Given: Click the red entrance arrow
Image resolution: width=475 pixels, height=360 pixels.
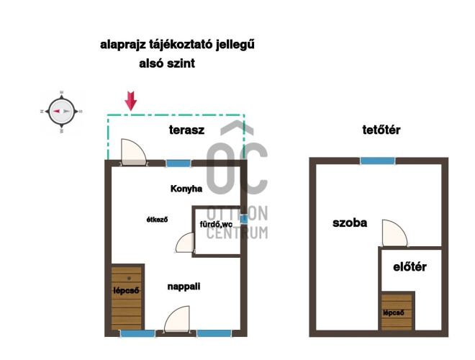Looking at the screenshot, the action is (x=131, y=101).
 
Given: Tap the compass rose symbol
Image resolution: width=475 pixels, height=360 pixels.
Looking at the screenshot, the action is (x=61, y=112).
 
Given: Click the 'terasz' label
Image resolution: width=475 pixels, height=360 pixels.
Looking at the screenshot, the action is (x=186, y=130).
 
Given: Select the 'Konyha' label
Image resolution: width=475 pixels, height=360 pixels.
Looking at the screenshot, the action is (x=186, y=189).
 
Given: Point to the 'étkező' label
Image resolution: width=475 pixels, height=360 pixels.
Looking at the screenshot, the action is (x=157, y=220).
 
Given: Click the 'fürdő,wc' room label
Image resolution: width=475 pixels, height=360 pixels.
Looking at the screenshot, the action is (x=216, y=224).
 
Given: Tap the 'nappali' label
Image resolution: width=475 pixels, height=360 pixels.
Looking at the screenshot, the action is (x=184, y=287).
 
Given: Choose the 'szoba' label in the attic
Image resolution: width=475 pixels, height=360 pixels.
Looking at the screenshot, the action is (x=350, y=222).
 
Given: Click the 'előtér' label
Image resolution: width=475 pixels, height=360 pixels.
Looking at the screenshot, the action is (x=410, y=267).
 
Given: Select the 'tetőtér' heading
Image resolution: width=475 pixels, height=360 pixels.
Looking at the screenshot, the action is (x=381, y=130).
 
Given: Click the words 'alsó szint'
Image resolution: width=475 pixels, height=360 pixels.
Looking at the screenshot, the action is (x=167, y=63).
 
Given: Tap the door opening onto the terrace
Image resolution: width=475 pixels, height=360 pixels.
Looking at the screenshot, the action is (x=133, y=152).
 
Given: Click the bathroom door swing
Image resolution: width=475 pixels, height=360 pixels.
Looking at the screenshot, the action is (x=185, y=242).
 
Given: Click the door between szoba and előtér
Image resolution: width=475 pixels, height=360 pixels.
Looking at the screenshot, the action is (x=394, y=233).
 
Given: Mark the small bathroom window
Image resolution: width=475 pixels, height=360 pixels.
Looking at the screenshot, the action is (x=244, y=219).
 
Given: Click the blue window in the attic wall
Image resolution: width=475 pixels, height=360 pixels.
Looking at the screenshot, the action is (x=377, y=161).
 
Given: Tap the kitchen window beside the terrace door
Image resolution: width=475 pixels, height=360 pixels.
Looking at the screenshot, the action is (x=178, y=163).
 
